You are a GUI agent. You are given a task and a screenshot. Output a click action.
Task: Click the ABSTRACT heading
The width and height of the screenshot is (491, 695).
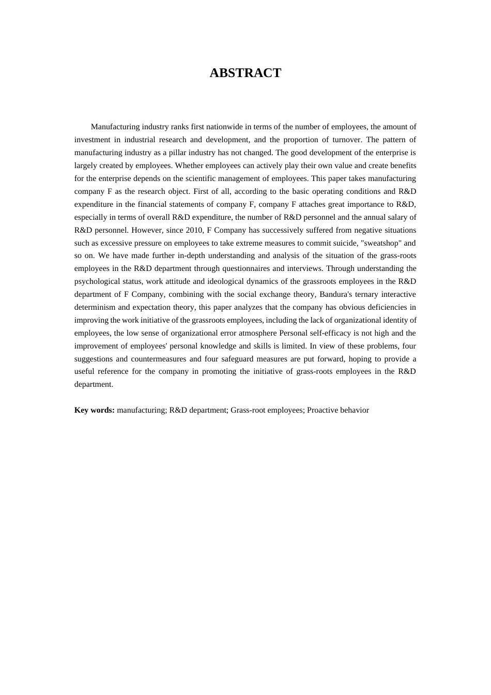(245, 73)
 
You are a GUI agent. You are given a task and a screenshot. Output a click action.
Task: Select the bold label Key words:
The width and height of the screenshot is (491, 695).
(95, 410)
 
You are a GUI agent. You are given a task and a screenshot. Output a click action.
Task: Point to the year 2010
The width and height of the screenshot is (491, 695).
(194, 230)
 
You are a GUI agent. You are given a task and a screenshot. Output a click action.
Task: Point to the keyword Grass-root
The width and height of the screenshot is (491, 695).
(248, 410)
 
